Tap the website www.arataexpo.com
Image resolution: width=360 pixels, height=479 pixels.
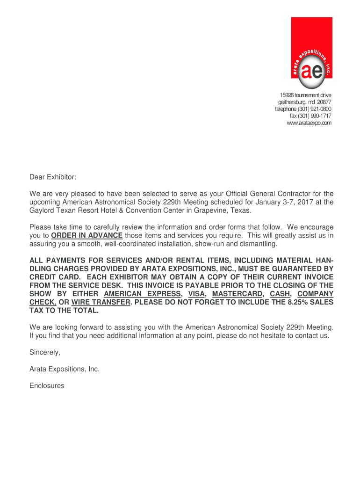point(309,123)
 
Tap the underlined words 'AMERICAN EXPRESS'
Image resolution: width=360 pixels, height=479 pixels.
point(142,294)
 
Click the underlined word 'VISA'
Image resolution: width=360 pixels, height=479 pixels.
point(196,294)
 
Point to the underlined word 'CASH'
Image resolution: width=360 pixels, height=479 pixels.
point(281,294)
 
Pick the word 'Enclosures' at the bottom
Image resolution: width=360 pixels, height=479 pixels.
point(47,386)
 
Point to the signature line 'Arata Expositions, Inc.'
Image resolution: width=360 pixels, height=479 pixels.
point(65,369)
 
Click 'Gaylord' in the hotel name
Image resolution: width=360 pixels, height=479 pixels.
point(42,210)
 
